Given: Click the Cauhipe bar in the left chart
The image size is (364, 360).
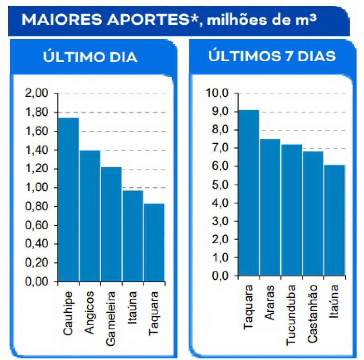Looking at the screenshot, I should [69, 200].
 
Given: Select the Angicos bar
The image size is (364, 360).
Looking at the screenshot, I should [90, 216].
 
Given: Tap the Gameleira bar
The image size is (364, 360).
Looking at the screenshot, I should [111, 224].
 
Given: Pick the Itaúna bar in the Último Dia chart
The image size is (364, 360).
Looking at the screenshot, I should [133, 236].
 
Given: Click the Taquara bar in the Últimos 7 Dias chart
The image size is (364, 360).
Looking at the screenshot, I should [249, 193].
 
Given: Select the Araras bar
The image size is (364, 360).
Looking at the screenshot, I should [270, 207].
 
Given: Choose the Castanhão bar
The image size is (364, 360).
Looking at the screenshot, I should [313, 213].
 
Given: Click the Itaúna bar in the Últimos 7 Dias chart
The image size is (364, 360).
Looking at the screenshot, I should [334, 220].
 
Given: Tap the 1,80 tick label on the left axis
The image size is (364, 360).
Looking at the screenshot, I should [37, 113].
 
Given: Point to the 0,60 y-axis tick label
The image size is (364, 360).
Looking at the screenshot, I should [37, 225].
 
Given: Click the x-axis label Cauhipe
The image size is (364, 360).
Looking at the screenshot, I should [68, 313].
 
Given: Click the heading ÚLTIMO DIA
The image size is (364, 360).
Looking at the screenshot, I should [90, 57].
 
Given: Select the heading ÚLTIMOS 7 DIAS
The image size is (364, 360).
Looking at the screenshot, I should [272, 56].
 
